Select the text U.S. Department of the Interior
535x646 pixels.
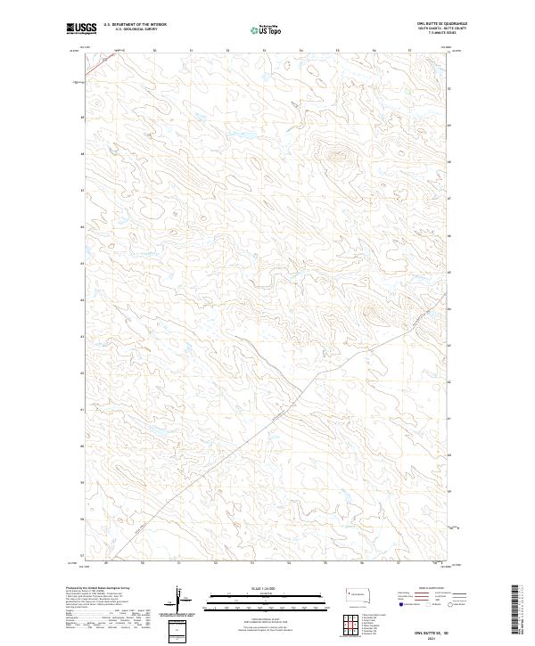tap(136, 25)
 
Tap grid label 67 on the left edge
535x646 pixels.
tap(84, 190)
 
